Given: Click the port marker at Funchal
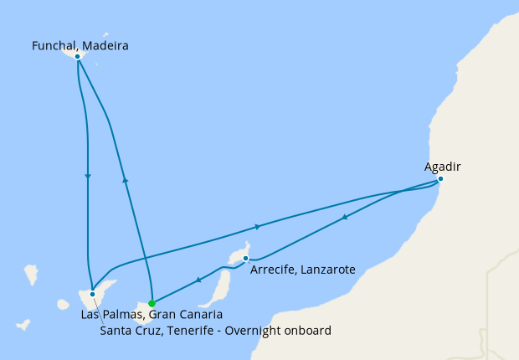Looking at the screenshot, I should click(77, 56).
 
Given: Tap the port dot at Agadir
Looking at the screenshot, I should click(440, 178).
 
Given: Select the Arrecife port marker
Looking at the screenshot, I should click(245, 259).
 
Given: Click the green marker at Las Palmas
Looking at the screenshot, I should click(152, 303).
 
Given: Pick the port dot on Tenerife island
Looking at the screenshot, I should click(92, 294).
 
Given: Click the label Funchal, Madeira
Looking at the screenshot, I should click(80, 45).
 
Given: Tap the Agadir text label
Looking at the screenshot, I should click(442, 167).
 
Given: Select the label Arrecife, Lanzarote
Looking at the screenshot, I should click(303, 270).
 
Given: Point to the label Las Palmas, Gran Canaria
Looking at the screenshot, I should click(152, 315).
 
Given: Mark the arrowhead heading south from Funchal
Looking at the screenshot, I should click(88, 176).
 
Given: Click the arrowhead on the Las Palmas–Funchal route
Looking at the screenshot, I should click(125, 178).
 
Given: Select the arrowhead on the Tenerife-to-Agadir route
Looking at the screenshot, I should click(258, 227).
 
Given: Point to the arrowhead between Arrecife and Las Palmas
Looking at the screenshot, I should click(198, 280).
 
